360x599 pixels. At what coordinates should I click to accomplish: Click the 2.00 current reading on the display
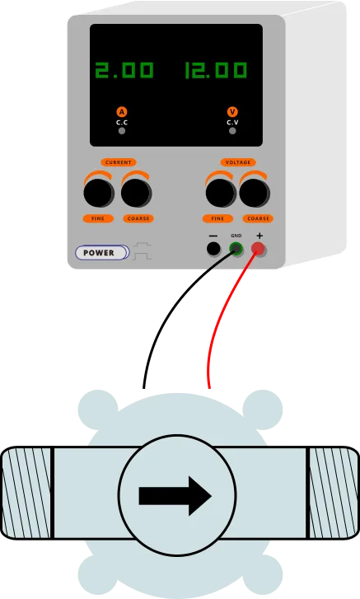124,70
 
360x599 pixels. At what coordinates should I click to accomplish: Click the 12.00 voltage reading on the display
216,70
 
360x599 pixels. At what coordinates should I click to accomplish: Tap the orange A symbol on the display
122,112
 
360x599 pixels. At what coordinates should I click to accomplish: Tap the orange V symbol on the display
232,112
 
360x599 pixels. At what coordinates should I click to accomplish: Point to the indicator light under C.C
122,131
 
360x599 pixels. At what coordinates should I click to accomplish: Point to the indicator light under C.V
232,131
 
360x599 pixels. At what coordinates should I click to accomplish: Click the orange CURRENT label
119,162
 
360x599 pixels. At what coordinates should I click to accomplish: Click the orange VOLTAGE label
238,162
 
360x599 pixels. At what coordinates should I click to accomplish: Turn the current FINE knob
99,193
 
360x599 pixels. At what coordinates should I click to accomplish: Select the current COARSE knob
136,193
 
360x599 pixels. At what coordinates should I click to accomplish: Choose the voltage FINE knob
221,193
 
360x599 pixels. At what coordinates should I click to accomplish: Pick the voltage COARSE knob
255,193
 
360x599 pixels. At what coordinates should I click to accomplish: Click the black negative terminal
213,249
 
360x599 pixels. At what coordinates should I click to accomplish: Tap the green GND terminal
236,249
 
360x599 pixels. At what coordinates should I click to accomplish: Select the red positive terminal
259,249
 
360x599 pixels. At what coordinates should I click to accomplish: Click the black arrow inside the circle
175,496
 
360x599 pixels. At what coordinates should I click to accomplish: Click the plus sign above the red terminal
259,236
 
